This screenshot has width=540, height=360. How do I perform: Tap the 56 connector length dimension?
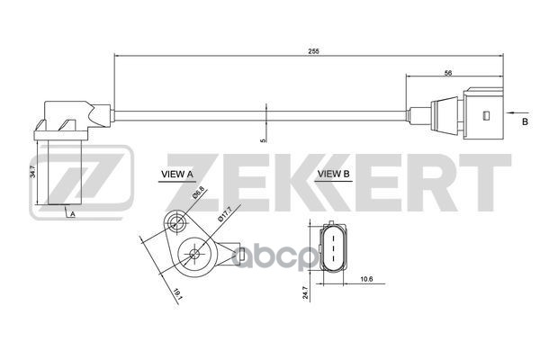tap(447, 75)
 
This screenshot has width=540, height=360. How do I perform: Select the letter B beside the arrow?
tap(525, 118)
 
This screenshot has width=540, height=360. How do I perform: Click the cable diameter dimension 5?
tap(263, 139)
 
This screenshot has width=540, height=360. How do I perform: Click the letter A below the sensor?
tap(72, 214)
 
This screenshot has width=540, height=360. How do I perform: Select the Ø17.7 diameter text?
tap(226, 216)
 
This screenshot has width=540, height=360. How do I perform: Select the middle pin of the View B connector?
tap(331, 244)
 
